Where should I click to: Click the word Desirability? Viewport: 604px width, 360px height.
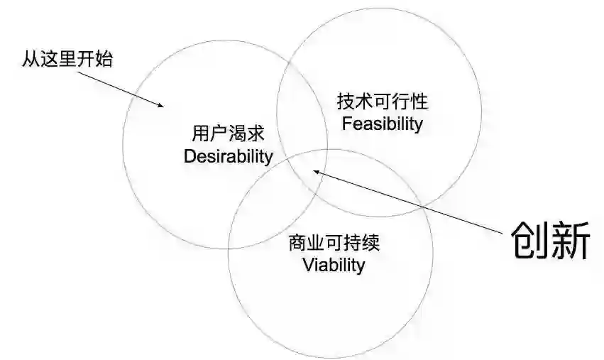click(x=228, y=156)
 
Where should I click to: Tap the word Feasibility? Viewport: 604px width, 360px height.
click(x=382, y=124)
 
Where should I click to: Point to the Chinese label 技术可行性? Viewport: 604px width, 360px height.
click(x=383, y=102)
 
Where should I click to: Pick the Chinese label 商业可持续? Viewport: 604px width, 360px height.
click(x=334, y=243)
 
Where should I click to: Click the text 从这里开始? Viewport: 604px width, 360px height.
click(x=67, y=59)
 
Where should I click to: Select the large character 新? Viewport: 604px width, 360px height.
click(x=571, y=241)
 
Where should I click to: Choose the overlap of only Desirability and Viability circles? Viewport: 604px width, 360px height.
click(x=266, y=206)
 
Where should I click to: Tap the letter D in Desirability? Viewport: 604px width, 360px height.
click(x=189, y=156)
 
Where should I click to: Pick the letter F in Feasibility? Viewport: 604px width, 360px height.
click(x=346, y=124)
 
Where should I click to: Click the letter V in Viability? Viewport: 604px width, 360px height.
click(x=308, y=266)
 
